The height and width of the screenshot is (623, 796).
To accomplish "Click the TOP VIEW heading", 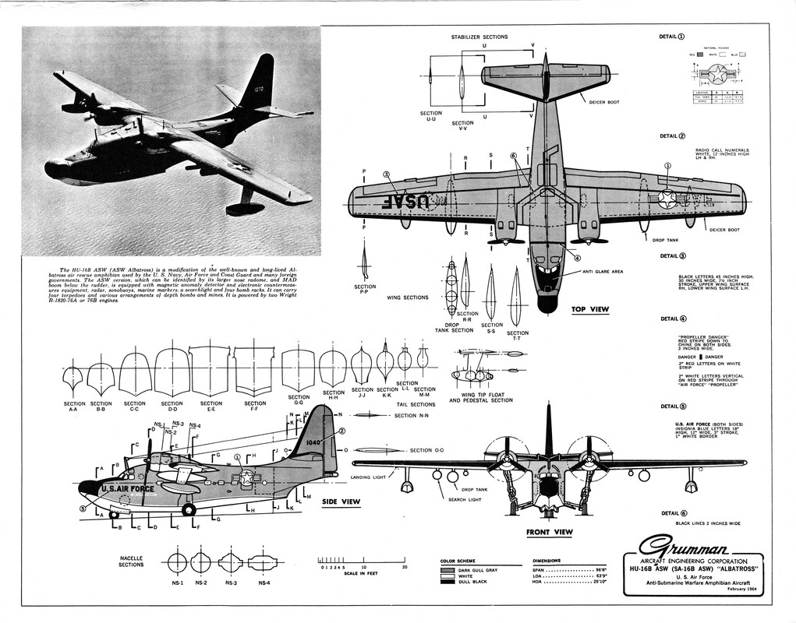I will click(589, 309).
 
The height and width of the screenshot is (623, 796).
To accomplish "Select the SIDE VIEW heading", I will click(341, 502).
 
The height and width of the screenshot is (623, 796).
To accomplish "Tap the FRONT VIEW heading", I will click(549, 533).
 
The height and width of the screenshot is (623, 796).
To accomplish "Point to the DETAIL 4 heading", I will click(673, 319).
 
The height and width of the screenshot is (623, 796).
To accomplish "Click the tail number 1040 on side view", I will click(314, 442).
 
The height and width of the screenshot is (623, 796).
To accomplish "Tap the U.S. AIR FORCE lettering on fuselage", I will click(126, 489).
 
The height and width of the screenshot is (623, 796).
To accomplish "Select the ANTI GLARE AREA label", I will click(602, 272).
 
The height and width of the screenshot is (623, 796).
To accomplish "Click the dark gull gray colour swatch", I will click(448, 569).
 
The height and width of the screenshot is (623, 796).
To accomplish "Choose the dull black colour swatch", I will click(448, 582).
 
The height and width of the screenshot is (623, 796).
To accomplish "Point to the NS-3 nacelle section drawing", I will click(231, 561).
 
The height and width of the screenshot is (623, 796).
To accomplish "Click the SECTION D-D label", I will click(172, 407).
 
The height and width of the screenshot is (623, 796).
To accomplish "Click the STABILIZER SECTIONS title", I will click(479, 37).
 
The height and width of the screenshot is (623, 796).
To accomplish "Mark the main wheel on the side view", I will click(189, 510).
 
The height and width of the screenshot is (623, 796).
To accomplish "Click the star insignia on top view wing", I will click(667, 198).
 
